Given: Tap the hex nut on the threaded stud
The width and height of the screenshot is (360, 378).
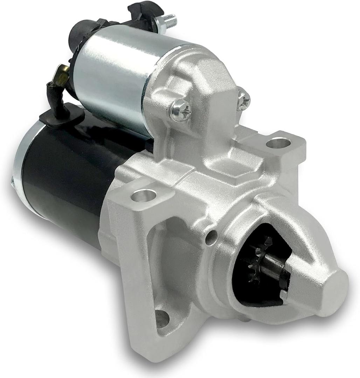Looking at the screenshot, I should tap(161, 23).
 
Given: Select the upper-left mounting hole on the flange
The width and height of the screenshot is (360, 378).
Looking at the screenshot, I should tap(144, 195).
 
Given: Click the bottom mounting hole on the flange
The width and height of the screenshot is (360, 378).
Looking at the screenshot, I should tap(161, 318).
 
